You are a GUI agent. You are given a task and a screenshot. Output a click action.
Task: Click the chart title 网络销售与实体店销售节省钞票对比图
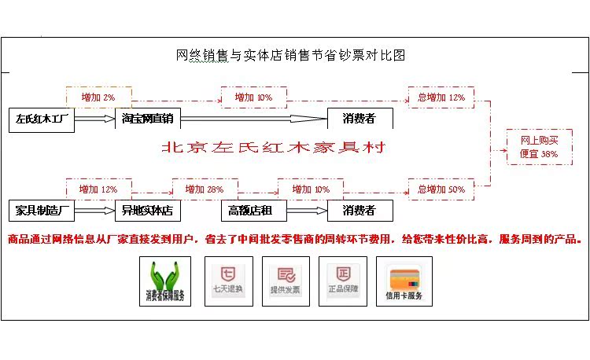pos(291,55)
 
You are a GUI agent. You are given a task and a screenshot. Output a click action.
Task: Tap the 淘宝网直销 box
pos(149,119)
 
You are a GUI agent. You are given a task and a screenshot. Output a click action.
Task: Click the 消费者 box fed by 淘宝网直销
pos(360,119)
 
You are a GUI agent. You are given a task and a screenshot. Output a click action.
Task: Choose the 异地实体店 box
pos(147,211)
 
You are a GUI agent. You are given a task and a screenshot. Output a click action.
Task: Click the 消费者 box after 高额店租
pos(360,211)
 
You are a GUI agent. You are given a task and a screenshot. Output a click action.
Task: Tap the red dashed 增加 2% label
pos(98,97)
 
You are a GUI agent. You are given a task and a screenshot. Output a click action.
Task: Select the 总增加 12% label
pos(441,97)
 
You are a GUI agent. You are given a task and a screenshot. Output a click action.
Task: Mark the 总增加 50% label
pos(441,189)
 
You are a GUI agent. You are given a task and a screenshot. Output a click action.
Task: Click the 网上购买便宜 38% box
pos(539,147)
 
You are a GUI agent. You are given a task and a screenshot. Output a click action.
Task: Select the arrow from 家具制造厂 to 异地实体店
pos(95,211)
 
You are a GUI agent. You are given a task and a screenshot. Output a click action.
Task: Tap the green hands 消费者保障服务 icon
pos(164,281)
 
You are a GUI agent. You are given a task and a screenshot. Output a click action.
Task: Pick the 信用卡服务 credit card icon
pos(404,281)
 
